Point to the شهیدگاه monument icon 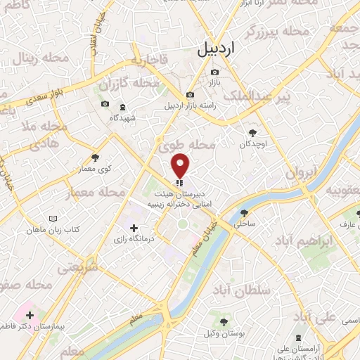pyautogui.click(x=124, y=106)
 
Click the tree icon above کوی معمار pyautogui.click(x=96, y=157)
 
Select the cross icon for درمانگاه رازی pyautogui.click(x=134, y=228)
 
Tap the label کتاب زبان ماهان pyautogui.click(x=54, y=230)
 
